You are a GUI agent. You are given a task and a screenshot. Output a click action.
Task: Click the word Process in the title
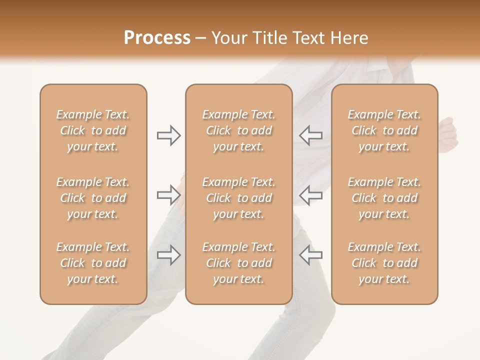pyautogui.click(x=157, y=38)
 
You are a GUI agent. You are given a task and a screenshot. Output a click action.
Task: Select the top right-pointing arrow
pyautogui.click(x=168, y=135)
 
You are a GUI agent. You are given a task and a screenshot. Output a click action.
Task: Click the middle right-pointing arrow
pyautogui.click(x=168, y=195)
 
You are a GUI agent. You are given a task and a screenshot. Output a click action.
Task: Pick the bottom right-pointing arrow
pyautogui.click(x=168, y=255)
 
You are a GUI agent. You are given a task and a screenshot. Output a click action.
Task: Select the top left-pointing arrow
pyautogui.click(x=311, y=135)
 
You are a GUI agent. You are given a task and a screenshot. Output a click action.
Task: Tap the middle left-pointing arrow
pyautogui.click(x=311, y=195)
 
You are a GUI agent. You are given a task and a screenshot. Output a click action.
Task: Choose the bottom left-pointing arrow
pyautogui.click(x=311, y=255)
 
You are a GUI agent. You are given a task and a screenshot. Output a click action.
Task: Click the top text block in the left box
pyautogui.click(x=93, y=130)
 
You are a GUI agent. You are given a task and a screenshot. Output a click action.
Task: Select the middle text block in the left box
pyautogui.click(x=93, y=198)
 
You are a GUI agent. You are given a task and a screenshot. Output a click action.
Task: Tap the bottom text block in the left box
pyautogui.click(x=93, y=263)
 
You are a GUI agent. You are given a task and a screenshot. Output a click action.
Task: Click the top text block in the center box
pyautogui.click(x=238, y=130)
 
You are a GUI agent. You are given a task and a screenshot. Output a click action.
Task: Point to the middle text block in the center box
pyautogui.click(x=238, y=198)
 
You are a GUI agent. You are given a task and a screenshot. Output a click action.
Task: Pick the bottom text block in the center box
pyautogui.click(x=238, y=263)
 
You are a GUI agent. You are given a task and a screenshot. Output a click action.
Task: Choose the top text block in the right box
pyautogui.click(x=384, y=130)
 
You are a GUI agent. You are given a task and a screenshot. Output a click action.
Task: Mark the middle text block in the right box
pyautogui.click(x=384, y=198)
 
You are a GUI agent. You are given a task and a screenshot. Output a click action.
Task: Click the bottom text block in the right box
pyautogui.click(x=384, y=263)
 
